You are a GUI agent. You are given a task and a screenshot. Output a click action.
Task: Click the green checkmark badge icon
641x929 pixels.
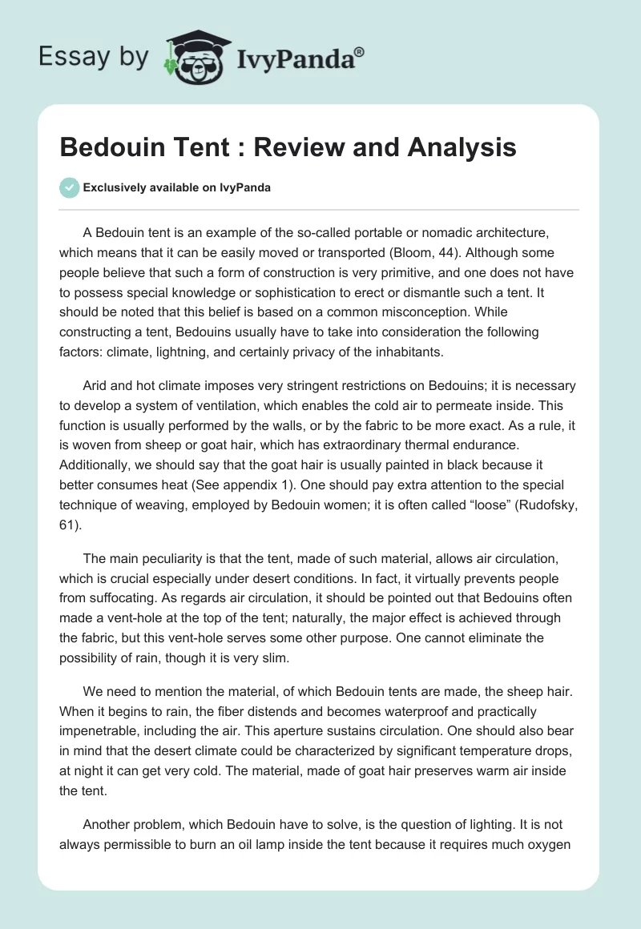coord(69,188)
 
